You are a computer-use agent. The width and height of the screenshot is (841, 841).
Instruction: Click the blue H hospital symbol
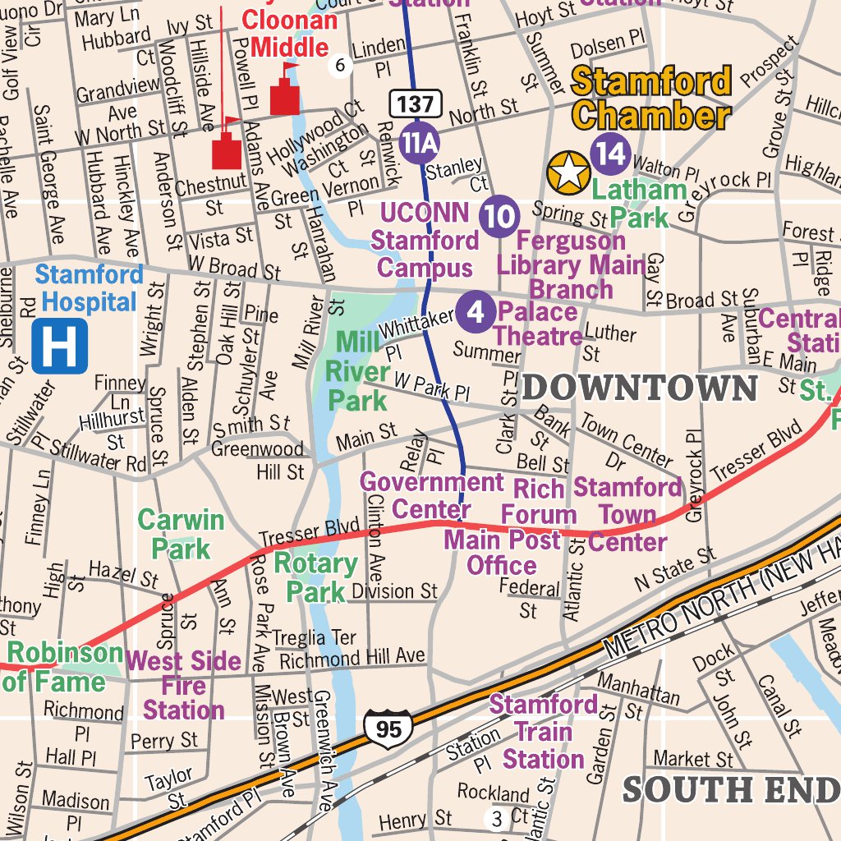(x=60, y=347)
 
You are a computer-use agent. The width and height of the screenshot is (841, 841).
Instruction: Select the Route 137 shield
(x=416, y=103)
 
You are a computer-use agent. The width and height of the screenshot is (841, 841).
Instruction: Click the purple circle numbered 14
(x=611, y=154)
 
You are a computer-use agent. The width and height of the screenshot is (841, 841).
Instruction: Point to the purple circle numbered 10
(x=500, y=217)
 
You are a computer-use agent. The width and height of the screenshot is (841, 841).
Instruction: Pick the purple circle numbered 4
(x=476, y=312)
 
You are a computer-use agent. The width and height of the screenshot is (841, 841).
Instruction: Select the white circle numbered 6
(x=340, y=65)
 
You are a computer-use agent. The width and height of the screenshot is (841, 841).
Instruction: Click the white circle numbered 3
(x=496, y=818)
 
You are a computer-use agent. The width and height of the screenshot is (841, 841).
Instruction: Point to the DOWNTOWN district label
(x=640, y=388)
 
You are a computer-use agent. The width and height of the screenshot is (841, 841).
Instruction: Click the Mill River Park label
(x=356, y=370)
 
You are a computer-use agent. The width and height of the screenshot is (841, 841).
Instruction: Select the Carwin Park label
(x=181, y=534)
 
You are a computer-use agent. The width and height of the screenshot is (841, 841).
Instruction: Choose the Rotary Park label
(x=315, y=577)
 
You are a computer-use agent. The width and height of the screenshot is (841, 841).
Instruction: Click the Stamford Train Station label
(x=544, y=731)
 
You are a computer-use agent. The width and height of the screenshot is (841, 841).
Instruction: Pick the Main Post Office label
(x=502, y=552)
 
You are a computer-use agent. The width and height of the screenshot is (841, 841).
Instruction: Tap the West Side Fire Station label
(x=184, y=685)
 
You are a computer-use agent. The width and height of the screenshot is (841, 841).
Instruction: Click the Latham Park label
(x=639, y=203)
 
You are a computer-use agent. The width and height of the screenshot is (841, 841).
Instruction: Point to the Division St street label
(x=394, y=591)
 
